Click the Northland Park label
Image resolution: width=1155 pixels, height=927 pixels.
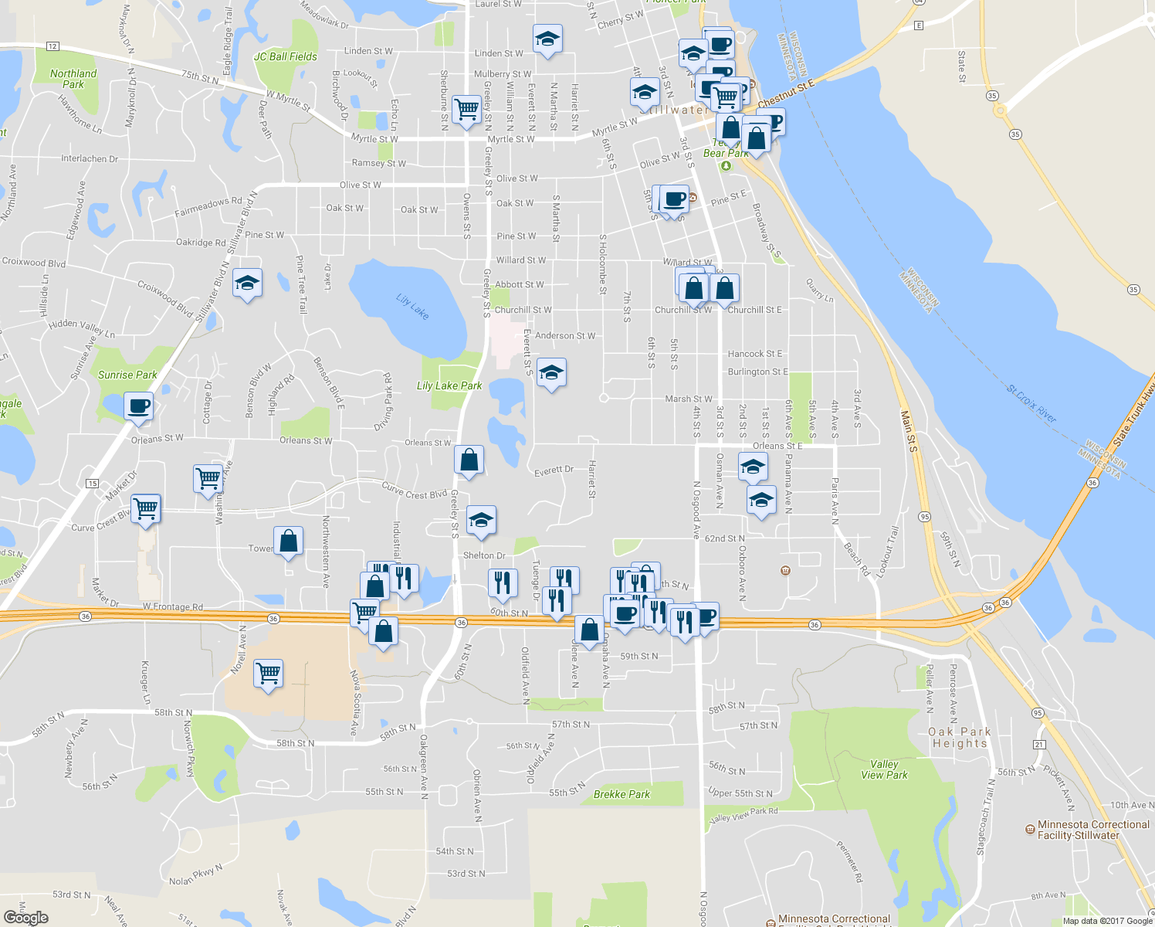click(73, 79)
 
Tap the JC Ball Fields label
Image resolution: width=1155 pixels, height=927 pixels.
click(286, 56)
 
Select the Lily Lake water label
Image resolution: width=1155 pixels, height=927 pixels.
click(412, 306)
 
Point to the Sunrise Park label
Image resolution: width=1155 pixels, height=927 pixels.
click(127, 375)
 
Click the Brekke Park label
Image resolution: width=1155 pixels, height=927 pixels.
click(622, 794)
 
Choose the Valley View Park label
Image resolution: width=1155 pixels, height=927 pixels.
click(884, 769)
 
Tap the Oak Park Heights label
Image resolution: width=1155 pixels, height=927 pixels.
click(960, 738)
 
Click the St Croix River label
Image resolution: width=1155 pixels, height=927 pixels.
click(1031, 404)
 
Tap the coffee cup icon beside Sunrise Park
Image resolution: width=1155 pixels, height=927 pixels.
click(139, 406)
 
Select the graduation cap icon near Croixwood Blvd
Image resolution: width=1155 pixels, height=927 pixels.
click(247, 284)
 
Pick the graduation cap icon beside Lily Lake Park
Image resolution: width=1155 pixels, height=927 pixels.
click(551, 372)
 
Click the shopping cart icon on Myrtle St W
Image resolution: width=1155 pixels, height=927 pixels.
click(467, 110)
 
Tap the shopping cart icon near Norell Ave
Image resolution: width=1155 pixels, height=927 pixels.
click(269, 674)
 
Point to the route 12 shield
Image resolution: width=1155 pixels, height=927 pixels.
click(52, 46)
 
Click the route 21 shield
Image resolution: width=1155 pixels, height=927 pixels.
click(1039, 744)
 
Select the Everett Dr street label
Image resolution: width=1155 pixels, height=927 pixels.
click(554, 470)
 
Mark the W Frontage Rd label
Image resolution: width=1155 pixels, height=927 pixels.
click(173, 607)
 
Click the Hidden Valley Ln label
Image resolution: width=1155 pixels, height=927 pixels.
click(81, 328)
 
